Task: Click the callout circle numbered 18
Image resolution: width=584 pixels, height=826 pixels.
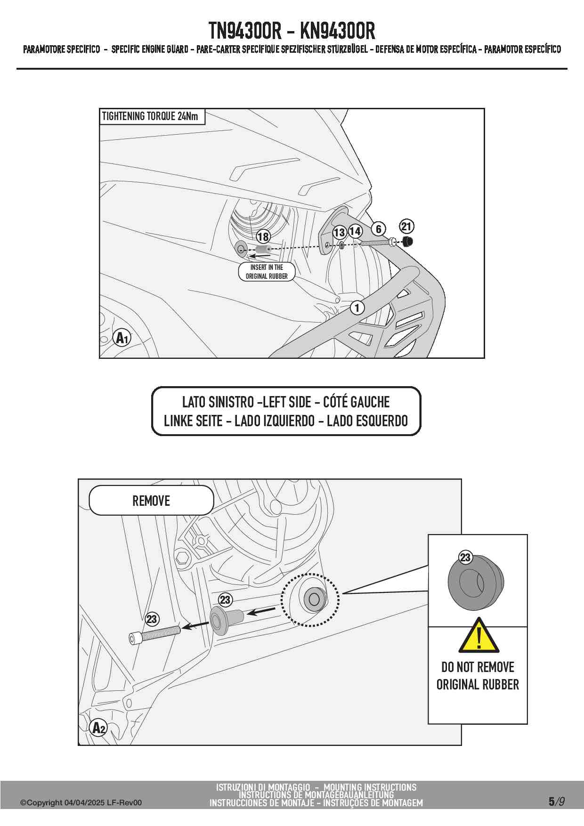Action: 263,237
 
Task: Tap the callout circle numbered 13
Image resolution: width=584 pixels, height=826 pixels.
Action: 339,232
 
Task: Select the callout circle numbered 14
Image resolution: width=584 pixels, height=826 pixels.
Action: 355,231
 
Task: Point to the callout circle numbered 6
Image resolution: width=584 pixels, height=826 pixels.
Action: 378,229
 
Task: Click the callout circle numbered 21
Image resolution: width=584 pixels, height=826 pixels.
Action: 406,227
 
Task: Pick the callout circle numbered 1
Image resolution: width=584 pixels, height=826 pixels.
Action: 357,308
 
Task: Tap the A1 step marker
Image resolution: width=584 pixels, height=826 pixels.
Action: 122,338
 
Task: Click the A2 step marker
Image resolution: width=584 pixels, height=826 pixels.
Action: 98,728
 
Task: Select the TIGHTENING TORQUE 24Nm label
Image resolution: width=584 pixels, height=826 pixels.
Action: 150,116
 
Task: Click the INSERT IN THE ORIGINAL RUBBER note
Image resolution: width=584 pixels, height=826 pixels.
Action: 267,272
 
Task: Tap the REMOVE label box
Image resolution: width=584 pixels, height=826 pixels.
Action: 151,501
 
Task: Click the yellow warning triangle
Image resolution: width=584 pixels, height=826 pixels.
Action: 479,637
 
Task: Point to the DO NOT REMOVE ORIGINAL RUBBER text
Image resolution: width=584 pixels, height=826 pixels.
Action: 478,676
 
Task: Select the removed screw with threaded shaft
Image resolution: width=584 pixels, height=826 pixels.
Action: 154,633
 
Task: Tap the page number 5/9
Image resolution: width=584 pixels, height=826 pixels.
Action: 556,802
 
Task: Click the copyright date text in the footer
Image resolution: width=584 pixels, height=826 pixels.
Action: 81,803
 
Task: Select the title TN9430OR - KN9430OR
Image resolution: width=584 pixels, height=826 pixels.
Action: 292,31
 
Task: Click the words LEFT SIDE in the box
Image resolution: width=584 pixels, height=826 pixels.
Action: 287,402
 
